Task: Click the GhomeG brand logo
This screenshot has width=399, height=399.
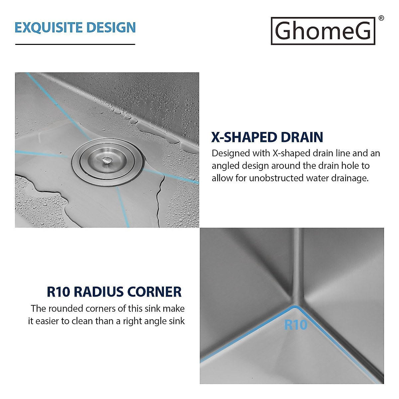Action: point(323,31)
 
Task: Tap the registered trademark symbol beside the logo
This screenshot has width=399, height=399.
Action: point(381,18)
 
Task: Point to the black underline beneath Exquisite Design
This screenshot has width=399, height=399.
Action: point(75,44)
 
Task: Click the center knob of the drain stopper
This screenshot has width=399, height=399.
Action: point(107,161)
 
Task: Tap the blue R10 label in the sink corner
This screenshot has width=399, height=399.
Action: point(296,325)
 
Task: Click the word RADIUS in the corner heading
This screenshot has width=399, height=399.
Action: point(98,292)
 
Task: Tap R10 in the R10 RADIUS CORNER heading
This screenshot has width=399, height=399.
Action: point(58,292)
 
